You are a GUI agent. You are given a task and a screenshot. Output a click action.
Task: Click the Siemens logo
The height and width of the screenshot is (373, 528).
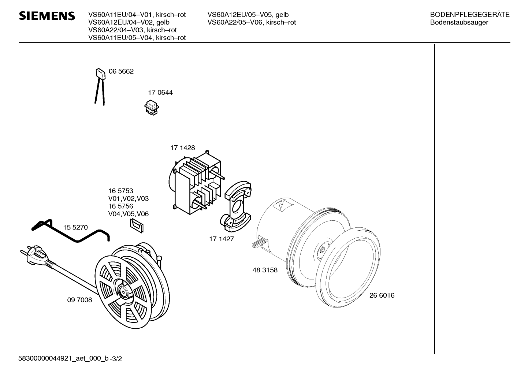click(x=47, y=16)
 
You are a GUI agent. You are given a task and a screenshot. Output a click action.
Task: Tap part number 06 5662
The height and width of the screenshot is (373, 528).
click(x=121, y=71)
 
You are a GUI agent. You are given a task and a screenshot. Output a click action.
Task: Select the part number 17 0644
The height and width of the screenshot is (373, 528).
click(x=160, y=92)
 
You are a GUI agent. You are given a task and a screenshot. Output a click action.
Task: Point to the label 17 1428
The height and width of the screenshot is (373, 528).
click(x=183, y=148)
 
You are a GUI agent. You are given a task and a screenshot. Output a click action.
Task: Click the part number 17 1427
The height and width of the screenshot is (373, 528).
click(x=222, y=239)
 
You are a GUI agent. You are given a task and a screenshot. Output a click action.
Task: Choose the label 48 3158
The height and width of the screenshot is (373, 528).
click(x=265, y=270)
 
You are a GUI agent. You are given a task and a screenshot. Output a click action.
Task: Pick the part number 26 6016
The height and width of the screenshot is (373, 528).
click(x=382, y=295)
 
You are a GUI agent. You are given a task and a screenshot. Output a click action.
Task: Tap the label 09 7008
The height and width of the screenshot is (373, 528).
click(x=80, y=300)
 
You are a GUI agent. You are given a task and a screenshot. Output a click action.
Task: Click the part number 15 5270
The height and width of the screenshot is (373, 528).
click(x=75, y=227)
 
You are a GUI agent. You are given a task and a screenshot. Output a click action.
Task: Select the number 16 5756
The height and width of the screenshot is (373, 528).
click(x=121, y=206)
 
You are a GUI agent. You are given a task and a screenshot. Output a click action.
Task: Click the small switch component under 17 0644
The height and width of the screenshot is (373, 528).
click(x=152, y=108)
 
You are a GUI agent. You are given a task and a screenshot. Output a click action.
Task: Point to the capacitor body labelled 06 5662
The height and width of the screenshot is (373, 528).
click(x=100, y=73)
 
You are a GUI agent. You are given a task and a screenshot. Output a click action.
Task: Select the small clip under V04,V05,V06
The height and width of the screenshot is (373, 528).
click(x=137, y=225)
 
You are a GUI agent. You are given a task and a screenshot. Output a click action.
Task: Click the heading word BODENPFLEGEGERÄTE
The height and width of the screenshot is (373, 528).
click(x=470, y=15)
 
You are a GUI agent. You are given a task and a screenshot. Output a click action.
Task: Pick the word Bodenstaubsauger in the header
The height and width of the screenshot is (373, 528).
click(x=459, y=22)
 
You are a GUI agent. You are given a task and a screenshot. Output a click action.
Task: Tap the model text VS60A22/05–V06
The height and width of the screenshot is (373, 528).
click(x=236, y=22)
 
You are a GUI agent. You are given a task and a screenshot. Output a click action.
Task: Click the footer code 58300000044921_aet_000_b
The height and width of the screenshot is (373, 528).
click(x=63, y=359)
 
